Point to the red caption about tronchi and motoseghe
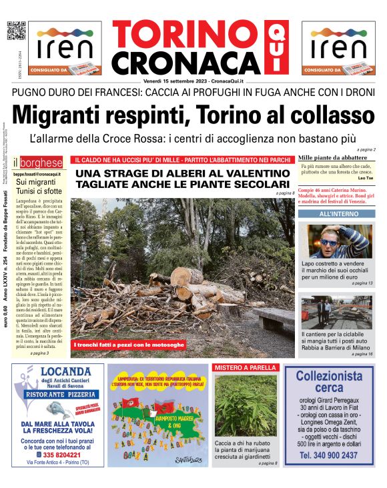[121, 345]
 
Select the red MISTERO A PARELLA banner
[246, 368]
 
